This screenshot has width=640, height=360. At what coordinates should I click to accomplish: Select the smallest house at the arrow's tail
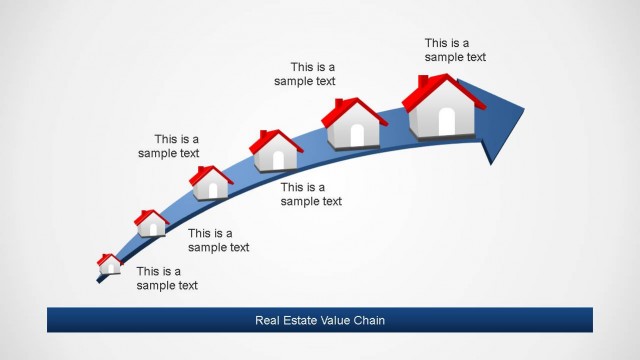point(109,264)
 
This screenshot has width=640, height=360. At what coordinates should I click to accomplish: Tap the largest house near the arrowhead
point(444,107)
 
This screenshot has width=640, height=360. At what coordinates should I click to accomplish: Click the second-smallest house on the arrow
point(151,224)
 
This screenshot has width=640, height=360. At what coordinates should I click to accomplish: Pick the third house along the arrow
point(211,183)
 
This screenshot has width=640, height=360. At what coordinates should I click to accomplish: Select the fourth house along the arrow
point(276,150)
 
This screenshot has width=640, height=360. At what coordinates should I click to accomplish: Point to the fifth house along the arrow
point(354,125)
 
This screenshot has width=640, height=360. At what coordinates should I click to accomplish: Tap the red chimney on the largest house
point(424,81)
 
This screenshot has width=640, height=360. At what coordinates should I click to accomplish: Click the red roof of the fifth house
point(354,109)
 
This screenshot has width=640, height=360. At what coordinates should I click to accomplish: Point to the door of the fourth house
point(278,160)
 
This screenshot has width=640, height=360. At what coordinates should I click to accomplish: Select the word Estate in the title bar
point(304,321)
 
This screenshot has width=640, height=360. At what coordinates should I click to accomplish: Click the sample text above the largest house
point(455,50)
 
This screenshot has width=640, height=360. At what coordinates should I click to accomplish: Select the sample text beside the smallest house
point(167,278)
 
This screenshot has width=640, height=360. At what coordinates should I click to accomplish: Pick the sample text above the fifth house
point(305,74)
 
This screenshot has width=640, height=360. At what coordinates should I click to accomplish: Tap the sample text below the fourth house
point(311,194)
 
